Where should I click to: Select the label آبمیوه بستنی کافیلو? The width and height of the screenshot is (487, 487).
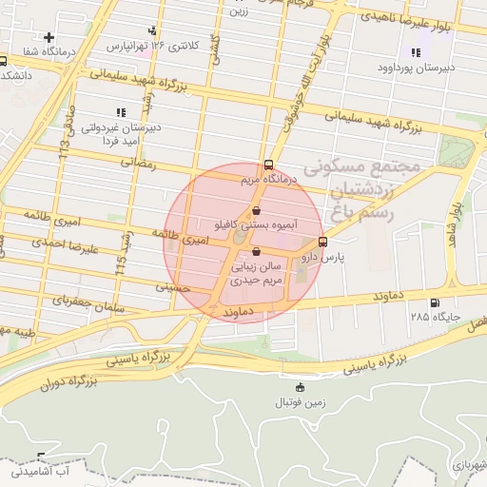[x=257, y=226]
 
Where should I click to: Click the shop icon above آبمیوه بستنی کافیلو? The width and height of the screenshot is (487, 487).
[x=257, y=211]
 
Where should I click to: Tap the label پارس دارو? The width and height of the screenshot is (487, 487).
[x=322, y=257]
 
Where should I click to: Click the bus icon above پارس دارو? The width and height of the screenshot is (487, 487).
[x=323, y=242]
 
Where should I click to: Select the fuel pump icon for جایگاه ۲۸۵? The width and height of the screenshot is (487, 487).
[x=435, y=303]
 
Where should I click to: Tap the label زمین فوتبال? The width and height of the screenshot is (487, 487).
[x=301, y=401]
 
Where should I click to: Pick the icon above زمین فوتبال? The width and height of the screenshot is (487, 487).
[x=301, y=387]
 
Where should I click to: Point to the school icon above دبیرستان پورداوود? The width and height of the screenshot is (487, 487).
[x=415, y=52]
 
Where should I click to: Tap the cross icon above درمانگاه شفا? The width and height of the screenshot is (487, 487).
[x=49, y=37]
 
